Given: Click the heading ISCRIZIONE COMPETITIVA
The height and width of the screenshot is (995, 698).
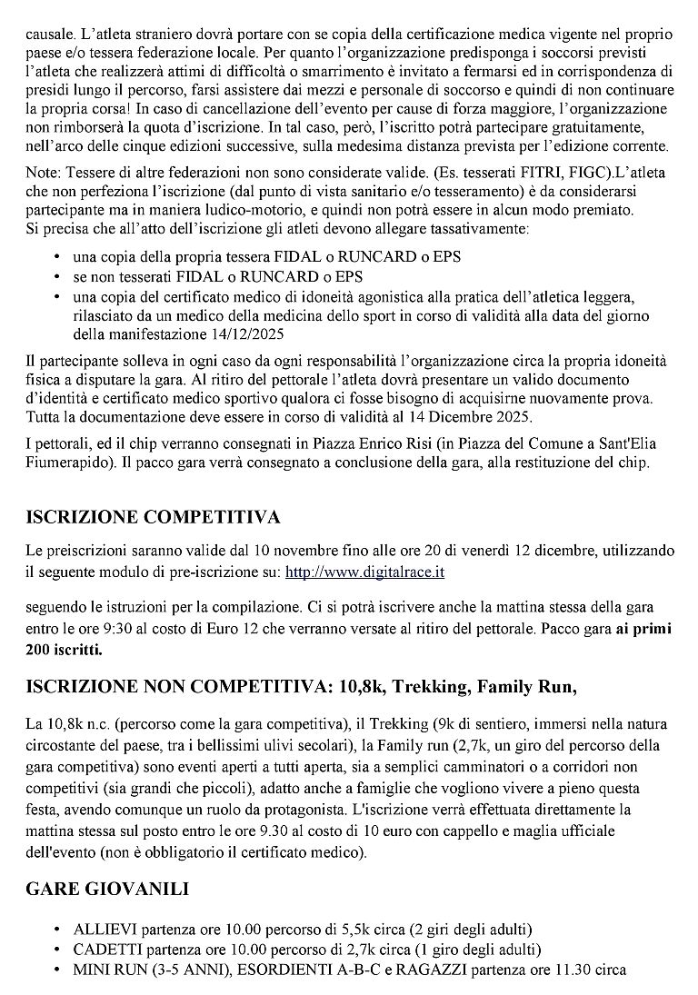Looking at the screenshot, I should click(x=153, y=518).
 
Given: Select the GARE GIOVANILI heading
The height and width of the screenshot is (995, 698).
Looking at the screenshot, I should click(x=107, y=890).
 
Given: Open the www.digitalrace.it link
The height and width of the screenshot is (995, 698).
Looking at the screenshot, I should click(x=364, y=572).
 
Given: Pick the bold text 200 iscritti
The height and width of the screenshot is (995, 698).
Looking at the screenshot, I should click(x=65, y=650).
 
